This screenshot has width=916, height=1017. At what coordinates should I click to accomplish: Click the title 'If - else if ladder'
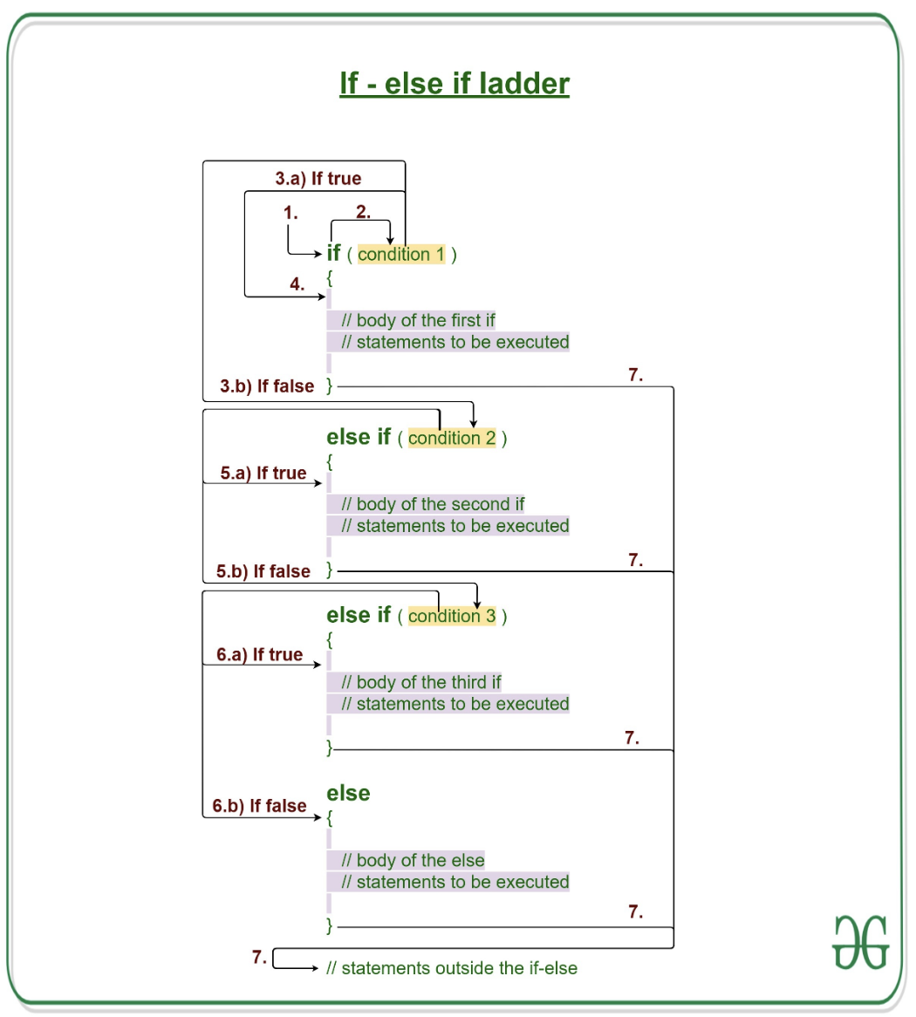[455, 84]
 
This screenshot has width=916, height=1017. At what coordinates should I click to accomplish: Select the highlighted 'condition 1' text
[400, 255]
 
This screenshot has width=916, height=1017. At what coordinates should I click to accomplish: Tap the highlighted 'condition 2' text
[452, 438]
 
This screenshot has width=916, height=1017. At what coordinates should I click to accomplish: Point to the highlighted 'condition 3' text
[452, 616]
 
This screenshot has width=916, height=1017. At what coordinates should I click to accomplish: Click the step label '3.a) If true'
[318, 179]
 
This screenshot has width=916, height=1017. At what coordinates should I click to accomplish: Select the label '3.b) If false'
[267, 386]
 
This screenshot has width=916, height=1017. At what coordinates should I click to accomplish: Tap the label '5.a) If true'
[263, 474]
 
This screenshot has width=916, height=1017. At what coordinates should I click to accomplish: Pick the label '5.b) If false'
[263, 572]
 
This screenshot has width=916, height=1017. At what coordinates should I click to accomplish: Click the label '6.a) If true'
[260, 655]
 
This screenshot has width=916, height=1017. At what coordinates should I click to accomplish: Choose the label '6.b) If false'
[260, 806]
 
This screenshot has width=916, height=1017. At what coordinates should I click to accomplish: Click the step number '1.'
[291, 213]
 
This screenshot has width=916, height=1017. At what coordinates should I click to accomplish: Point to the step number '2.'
[363, 212]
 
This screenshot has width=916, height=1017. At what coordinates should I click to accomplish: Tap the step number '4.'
[297, 284]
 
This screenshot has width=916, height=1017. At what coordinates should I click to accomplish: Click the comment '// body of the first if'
[418, 320]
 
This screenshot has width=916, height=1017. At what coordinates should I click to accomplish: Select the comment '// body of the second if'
[433, 504]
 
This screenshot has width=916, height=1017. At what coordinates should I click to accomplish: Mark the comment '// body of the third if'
[421, 682]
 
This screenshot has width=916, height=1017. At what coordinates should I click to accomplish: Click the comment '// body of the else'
[413, 860]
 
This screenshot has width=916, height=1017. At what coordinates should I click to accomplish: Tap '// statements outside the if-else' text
[452, 968]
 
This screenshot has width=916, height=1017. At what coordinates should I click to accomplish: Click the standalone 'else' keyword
[348, 793]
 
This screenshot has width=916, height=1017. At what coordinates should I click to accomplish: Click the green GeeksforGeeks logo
[860, 942]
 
